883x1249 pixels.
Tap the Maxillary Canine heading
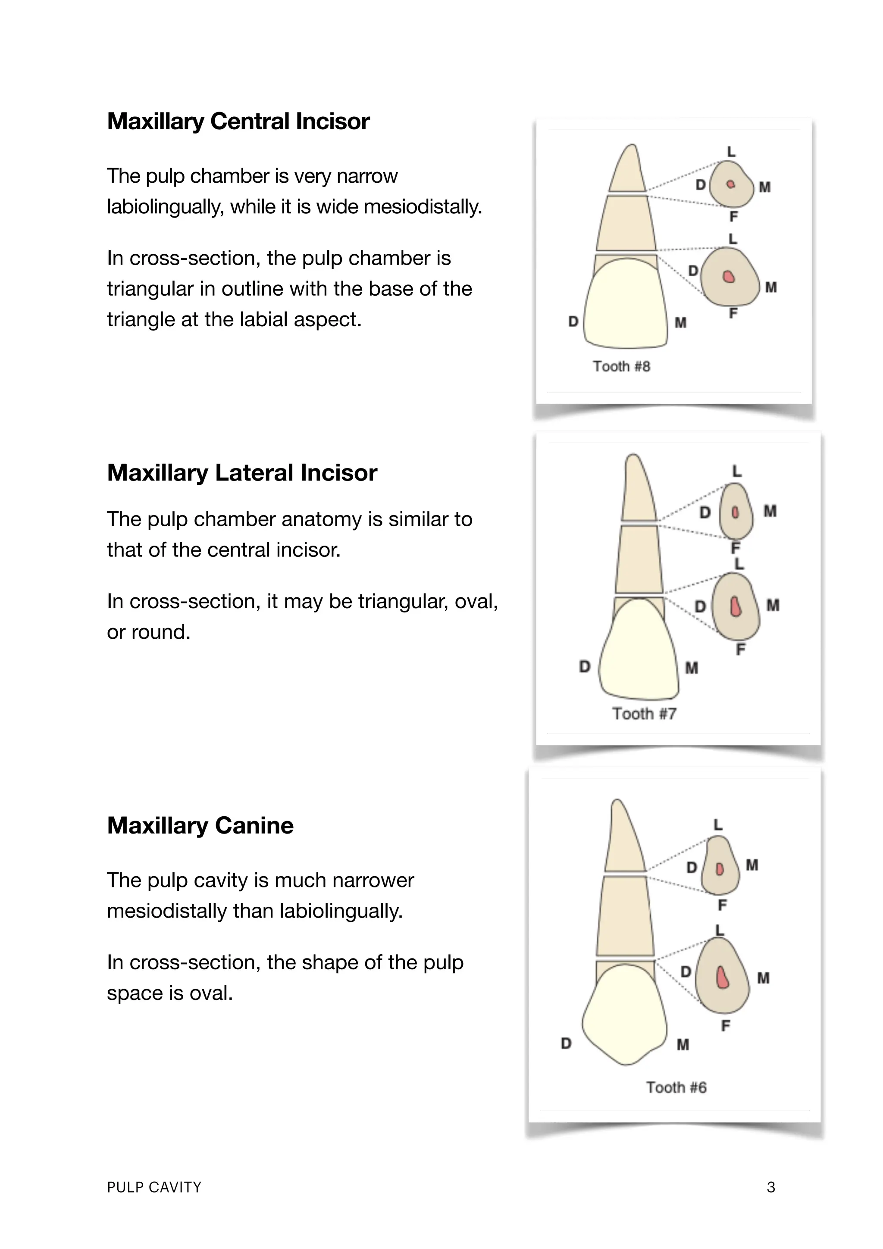click(x=200, y=825)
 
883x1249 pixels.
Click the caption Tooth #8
click(x=621, y=367)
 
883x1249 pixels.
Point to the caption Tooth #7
click(x=644, y=714)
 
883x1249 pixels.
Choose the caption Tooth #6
click(x=676, y=1087)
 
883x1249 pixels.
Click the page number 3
click(x=770, y=1187)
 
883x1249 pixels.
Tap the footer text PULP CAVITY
click(x=154, y=1187)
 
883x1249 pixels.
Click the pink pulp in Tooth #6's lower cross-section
click(x=723, y=977)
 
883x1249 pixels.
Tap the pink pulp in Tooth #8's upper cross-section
click(x=731, y=184)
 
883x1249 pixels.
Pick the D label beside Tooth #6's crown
click(x=566, y=1043)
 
